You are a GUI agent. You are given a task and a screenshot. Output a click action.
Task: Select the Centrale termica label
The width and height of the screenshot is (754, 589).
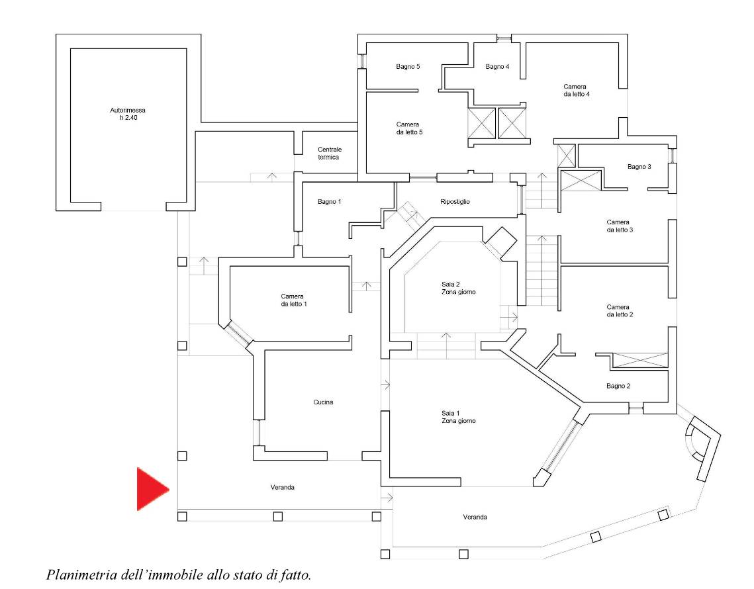(x=330, y=154)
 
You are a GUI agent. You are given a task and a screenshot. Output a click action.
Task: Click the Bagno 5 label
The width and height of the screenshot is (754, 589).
(x=408, y=67)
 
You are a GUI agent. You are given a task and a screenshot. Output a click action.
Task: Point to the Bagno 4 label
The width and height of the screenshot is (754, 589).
(x=497, y=67)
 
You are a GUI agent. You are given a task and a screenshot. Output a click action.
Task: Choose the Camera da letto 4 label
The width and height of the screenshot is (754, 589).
(x=576, y=91)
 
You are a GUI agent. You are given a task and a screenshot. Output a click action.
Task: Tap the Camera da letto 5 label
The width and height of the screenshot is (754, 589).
(x=409, y=128)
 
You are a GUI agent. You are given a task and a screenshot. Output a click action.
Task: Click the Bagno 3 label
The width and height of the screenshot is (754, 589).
(x=639, y=167)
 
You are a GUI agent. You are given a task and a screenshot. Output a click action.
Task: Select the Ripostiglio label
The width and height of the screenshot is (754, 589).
(x=455, y=202)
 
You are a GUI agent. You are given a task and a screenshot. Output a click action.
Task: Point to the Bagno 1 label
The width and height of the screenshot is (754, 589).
(x=330, y=202)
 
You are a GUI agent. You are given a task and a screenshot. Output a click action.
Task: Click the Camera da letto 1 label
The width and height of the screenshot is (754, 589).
(x=294, y=300)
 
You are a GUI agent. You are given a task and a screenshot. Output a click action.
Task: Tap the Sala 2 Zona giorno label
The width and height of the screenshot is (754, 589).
(x=458, y=288)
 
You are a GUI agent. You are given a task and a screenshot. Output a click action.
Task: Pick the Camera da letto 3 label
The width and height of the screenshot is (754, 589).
(x=620, y=226)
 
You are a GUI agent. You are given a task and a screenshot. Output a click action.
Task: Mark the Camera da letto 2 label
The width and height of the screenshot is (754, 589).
(x=620, y=310)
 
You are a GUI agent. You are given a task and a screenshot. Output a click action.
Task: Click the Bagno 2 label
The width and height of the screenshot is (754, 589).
(x=618, y=386)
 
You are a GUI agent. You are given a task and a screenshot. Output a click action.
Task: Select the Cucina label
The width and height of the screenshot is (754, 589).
(x=323, y=402)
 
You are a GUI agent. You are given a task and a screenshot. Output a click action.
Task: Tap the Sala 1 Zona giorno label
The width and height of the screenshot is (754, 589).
(x=458, y=417)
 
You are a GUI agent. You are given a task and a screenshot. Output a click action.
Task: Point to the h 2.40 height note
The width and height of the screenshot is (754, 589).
(x=128, y=118)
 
